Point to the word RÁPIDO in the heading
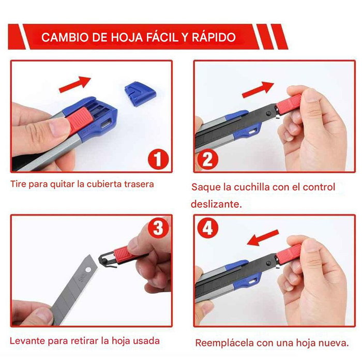pyautogui.click(x=216, y=38)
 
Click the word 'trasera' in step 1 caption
pyautogui.click(x=137, y=184)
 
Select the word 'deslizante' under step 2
pyautogui.click(x=216, y=204)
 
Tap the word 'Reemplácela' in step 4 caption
pyautogui.click(x=223, y=342)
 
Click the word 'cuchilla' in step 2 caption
pyautogui.click(x=245, y=187)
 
